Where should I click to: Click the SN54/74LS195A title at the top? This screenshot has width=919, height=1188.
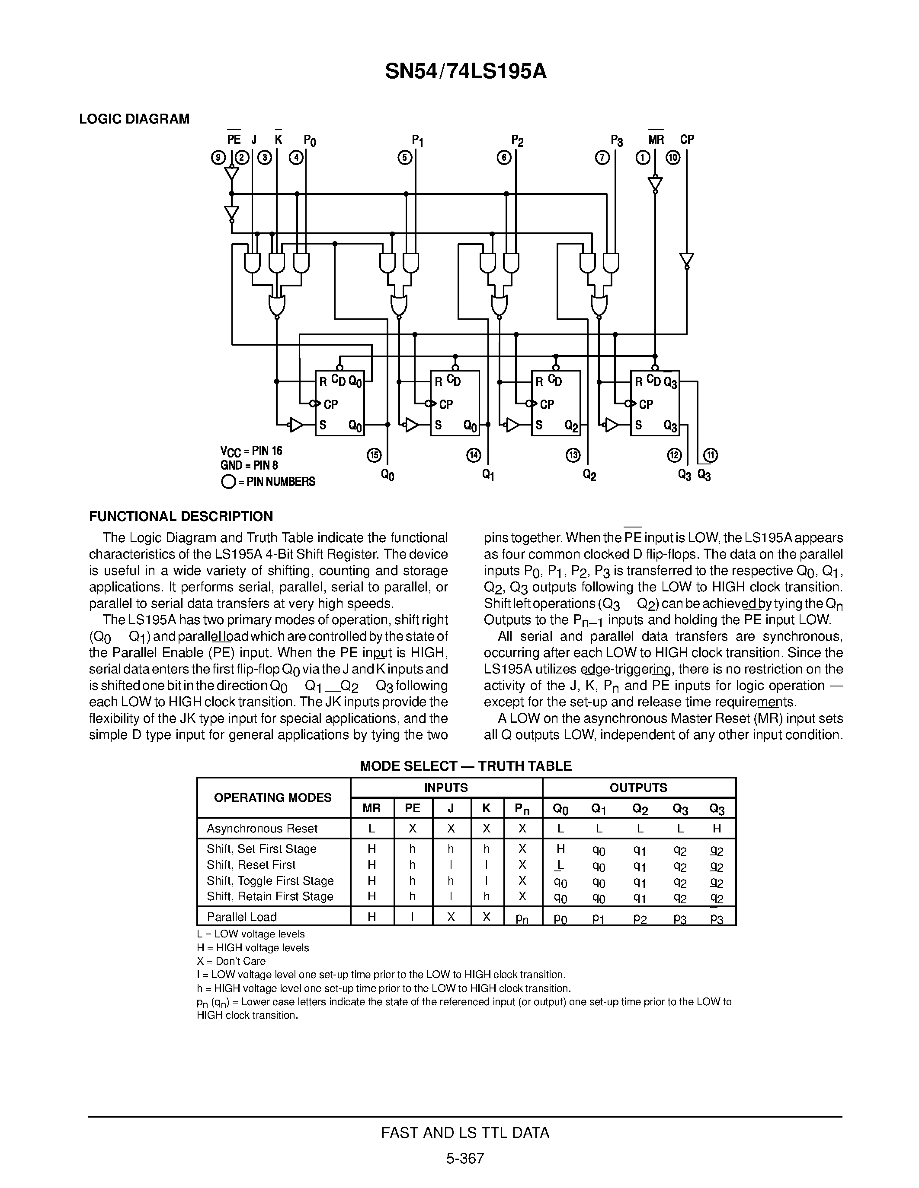click(465, 71)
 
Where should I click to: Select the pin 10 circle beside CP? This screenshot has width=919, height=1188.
click(673, 158)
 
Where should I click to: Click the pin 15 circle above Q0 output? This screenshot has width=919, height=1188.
click(375, 455)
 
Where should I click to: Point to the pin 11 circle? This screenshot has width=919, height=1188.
click(711, 455)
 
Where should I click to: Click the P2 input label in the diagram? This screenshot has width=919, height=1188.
click(517, 141)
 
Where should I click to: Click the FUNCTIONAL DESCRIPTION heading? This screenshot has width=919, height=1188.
click(181, 516)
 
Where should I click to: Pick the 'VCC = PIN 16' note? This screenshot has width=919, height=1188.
click(251, 451)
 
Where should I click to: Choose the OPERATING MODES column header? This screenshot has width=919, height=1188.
click(273, 797)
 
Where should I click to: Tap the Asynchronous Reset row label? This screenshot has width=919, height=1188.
click(262, 829)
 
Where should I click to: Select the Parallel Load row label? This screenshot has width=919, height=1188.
click(242, 917)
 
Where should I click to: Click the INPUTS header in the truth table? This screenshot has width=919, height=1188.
click(446, 788)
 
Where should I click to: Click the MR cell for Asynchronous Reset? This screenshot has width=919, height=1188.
click(371, 829)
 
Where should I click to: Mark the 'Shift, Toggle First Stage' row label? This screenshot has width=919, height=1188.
click(270, 881)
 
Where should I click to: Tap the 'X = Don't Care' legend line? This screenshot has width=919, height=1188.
click(231, 961)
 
